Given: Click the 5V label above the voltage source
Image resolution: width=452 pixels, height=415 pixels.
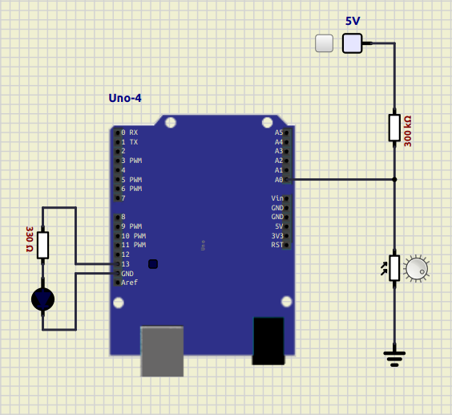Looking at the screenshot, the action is (353, 21).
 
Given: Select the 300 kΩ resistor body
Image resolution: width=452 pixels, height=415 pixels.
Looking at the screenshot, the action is (394, 128).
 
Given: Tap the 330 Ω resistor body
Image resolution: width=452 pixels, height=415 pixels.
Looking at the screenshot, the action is (42, 245).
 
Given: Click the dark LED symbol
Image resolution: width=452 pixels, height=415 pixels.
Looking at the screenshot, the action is (42, 299).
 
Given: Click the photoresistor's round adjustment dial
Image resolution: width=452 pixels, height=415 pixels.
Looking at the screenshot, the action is (417, 269).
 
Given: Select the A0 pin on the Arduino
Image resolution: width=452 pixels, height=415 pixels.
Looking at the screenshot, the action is (287, 180).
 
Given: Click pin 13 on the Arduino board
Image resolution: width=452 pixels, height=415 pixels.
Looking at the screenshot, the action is (117, 264).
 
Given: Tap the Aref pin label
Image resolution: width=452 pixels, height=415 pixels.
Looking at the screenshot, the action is (130, 283).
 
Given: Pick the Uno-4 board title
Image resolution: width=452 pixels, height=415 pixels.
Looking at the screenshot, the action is (125, 98).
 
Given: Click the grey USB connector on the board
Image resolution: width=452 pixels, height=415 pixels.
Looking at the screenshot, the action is (162, 351).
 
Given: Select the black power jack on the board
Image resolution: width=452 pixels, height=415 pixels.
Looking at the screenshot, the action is (268, 341).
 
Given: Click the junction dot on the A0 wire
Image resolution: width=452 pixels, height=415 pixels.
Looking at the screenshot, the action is (394, 180).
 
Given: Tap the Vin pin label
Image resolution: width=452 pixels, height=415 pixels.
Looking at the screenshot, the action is (277, 198).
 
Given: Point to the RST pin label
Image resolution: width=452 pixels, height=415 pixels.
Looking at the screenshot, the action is (277, 245).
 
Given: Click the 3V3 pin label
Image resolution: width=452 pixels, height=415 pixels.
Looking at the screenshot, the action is (277, 236).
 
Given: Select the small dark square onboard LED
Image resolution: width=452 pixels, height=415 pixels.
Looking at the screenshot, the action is (153, 264).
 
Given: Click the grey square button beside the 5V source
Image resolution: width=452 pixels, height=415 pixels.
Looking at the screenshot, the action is (325, 43).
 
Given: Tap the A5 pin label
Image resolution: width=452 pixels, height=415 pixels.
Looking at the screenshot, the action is (279, 132).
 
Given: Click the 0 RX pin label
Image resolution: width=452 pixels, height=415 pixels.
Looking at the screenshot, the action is (130, 132).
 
